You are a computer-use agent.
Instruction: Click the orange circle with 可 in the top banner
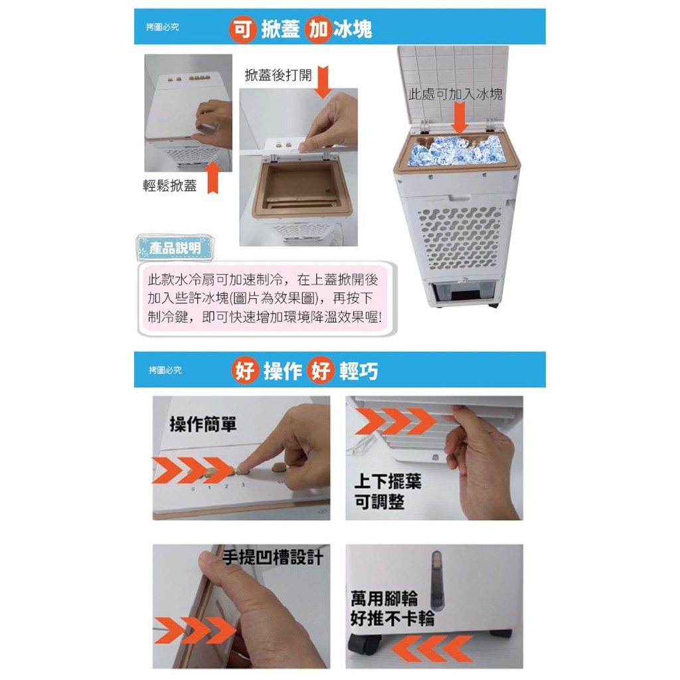pos(242,29)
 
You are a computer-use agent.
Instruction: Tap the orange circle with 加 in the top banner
pos(318,29)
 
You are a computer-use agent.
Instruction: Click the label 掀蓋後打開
pos(278,75)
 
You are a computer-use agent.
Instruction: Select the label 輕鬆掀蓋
pos(169,185)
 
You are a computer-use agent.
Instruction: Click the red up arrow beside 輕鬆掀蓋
pos(212,177)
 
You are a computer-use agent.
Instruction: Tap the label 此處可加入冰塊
pos(456,94)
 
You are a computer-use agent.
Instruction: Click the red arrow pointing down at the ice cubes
pos(459,118)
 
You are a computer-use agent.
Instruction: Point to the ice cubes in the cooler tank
pos(457,150)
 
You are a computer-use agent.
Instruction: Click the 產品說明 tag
pos(175,248)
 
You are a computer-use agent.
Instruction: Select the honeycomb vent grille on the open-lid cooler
pos(460,238)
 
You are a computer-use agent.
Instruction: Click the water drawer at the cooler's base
pos(462,294)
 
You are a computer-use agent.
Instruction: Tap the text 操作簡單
pos(203,424)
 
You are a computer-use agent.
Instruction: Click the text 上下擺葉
pos(388,481)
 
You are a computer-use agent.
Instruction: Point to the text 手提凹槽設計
pos(273,556)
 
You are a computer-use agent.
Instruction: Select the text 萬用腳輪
pos(384,598)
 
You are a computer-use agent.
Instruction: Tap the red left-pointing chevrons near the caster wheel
pos(432,649)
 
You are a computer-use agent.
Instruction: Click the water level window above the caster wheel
pos(436,579)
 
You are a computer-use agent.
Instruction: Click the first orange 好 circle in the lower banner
pos(245,371)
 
